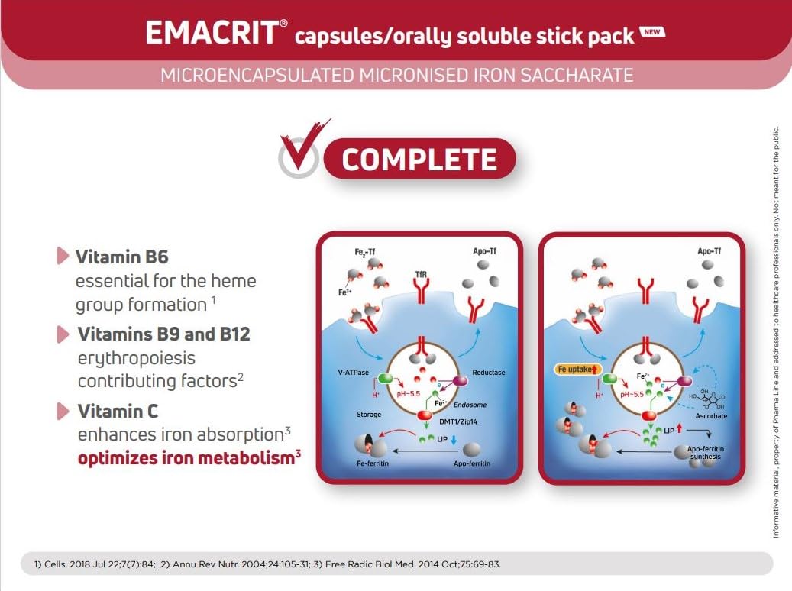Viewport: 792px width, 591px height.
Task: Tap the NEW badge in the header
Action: coord(652,32)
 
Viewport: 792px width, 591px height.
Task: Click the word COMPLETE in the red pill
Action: coord(419,159)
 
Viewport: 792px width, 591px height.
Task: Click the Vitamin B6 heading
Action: coord(121,257)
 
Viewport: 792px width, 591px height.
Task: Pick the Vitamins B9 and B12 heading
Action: coord(163,334)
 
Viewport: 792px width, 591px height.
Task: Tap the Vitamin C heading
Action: coord(118,411)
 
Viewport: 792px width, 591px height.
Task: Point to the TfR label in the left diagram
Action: coord(421,274)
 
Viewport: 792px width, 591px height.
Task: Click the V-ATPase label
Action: coord(353,373)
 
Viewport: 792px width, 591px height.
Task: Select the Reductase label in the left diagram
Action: coord(489,373)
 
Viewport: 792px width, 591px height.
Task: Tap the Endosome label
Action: coord(470,405)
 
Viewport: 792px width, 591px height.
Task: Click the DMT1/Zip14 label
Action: coord(458,421)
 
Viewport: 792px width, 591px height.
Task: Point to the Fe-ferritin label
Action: coord(372,463)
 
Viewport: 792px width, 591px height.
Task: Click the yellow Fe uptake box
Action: coord(577,370)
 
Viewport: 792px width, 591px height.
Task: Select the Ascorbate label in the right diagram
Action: coord(711,416)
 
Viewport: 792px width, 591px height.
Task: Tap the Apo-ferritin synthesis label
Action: coord(706,453)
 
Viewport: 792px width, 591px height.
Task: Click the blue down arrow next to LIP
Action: coord(453,440)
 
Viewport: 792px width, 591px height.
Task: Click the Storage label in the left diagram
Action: coord(369,414)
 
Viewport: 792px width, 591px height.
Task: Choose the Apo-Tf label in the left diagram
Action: coord(484,251)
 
